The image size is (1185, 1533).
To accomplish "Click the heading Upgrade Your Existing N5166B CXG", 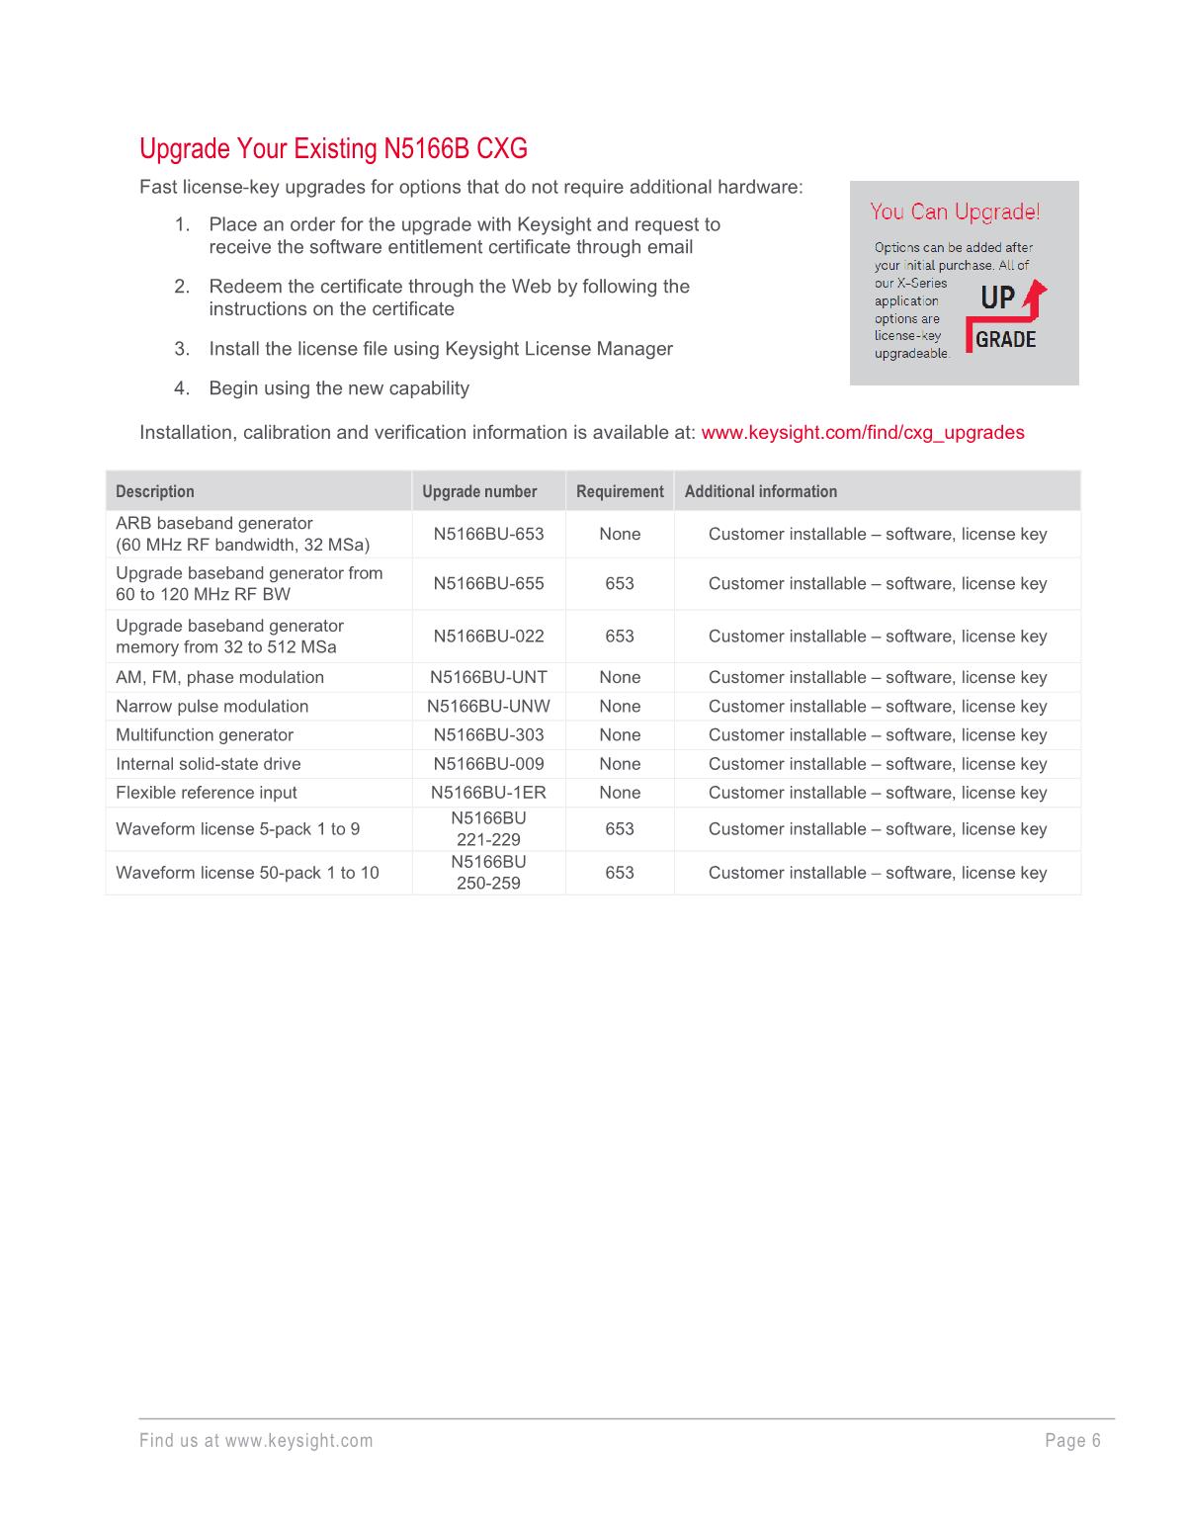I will pos(333,149).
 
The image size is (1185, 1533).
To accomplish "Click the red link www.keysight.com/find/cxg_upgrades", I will pos(862,433).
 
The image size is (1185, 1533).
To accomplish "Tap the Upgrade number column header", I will pos(479,491).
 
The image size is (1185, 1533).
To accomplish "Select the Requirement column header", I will pos(620,491).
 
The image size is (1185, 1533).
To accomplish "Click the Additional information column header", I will pos(760,491).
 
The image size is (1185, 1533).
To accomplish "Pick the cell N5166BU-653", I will pos(488,534).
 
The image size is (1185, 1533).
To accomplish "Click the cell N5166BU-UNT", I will pos(488,677).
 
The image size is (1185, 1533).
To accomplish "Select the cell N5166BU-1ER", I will pos(488,793).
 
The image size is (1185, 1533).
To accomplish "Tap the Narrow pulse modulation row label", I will pos(212,706).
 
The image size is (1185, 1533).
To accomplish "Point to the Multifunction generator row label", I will pos(205,734).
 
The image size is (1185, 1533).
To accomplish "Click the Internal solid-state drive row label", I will pos(209,764).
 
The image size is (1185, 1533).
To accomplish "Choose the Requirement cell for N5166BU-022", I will pos(620,637).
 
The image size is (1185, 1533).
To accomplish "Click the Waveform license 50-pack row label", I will pos(247,873).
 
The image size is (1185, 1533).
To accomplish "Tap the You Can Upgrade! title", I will pos(954,212).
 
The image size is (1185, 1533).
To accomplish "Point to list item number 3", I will pos(440,349).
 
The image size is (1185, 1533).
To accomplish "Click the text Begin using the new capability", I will pos(339,388).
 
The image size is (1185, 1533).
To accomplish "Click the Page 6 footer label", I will pos(1072,1440).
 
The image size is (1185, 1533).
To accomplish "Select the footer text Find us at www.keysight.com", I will pos(256,1440).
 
